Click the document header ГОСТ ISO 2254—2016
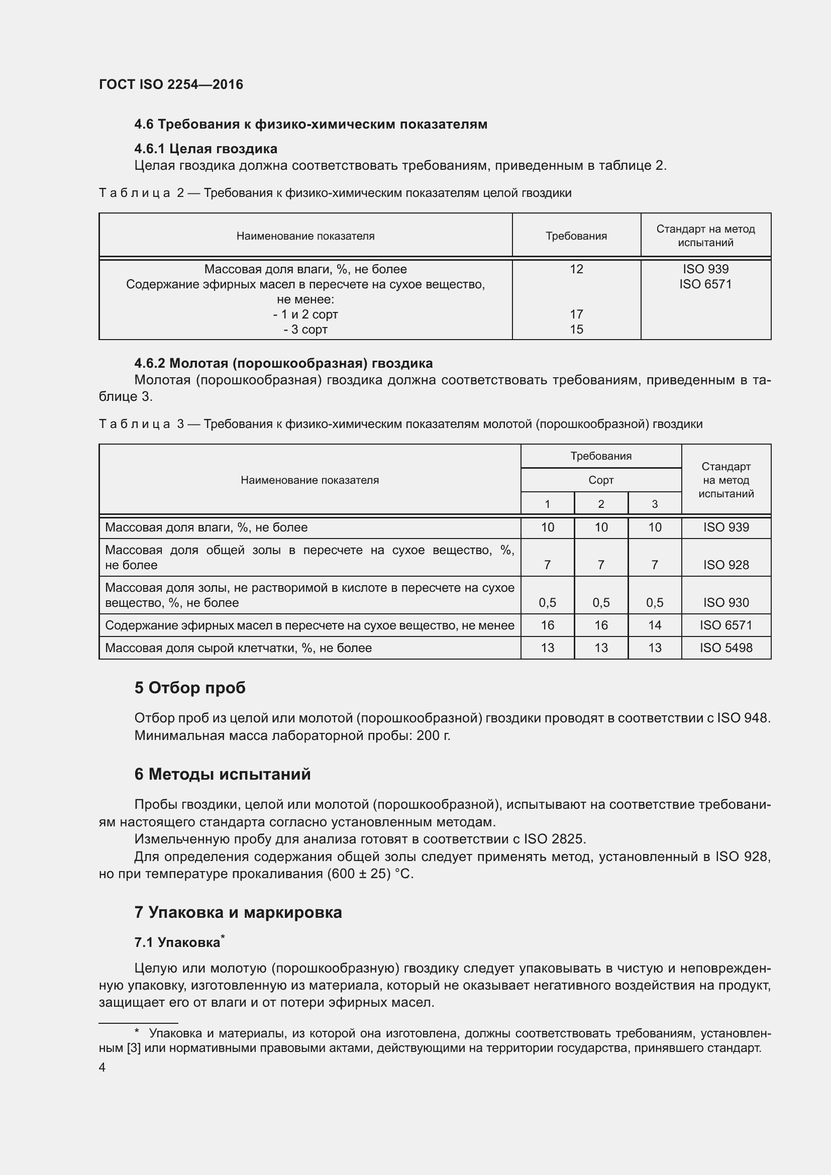click(x=171, y=84)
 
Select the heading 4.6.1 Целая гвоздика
click(x=205, y=149)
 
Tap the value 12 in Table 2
click(x=576, y=269)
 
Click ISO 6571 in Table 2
click(x=705, y=284)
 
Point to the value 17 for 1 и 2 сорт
click(x=576, y=314)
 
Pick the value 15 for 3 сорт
click(x=576, y=330)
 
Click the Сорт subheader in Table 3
click(x=601, y=480)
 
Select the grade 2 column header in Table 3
click(x=601, y=504)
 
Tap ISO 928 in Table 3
click(x=725, y=565)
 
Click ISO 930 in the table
click(x=725, y=603)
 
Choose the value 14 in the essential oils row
click(x=655, y=625)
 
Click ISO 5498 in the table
click(x=725, y=648)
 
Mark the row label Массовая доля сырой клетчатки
click(x=238, y=648)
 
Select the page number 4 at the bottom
click(x=102, y=1067)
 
